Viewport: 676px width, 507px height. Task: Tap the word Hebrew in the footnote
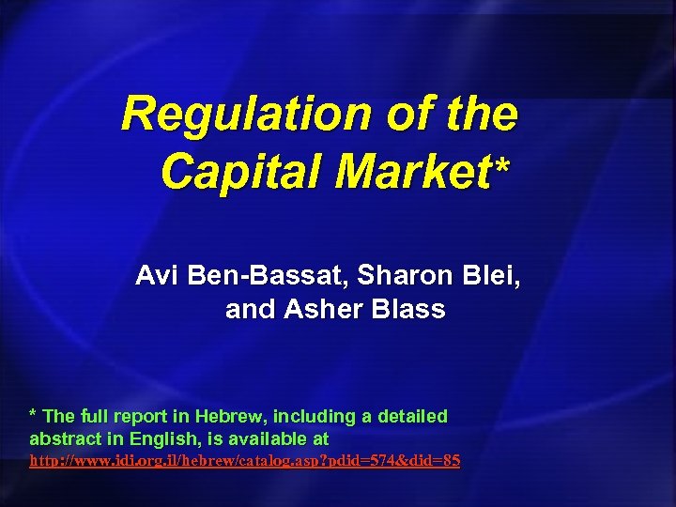click(230, 416)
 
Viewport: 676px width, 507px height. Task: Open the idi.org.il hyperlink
click(245, 462)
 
